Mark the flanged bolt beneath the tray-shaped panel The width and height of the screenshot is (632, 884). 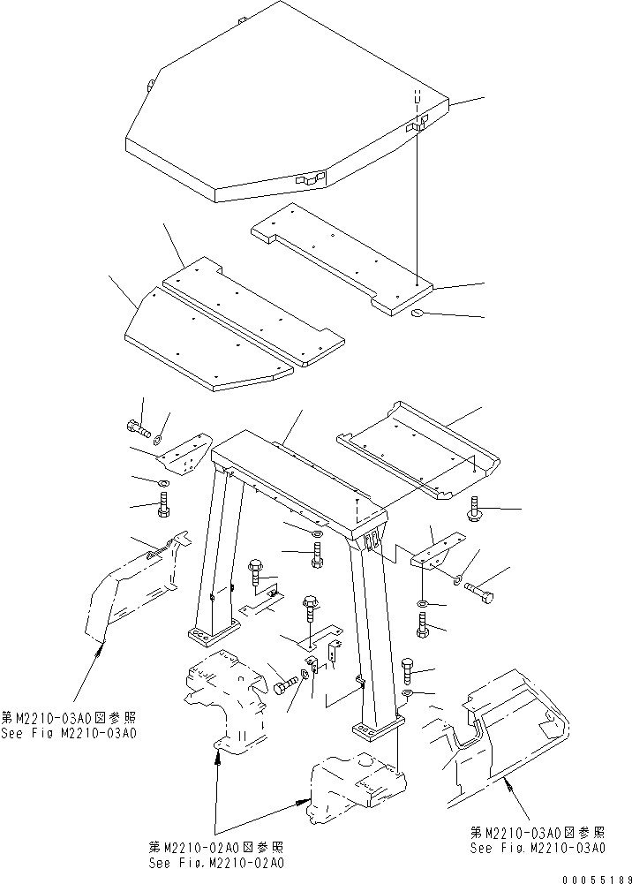coord(472,510)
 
